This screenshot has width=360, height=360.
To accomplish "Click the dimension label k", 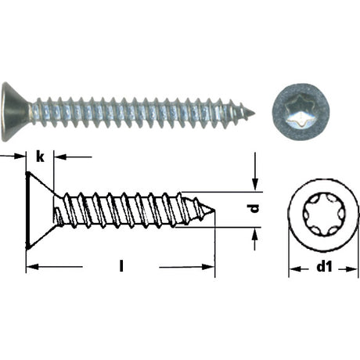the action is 40,157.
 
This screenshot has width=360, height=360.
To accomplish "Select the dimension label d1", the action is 324,267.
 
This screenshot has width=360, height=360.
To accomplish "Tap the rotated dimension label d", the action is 254,208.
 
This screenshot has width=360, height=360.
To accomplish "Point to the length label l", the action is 121,266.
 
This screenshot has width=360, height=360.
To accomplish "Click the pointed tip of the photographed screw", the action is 254,113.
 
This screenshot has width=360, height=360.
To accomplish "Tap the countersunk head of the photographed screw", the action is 16,112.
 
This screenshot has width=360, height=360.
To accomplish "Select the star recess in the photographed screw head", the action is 301,112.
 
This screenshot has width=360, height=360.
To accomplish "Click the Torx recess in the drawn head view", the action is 324,215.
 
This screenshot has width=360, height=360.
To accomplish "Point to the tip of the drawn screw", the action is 214,210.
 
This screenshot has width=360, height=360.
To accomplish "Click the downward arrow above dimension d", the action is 255,171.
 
